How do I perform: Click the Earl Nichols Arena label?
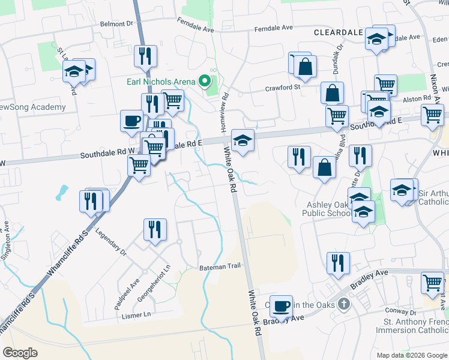pos(160,82)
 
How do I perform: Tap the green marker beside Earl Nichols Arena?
pos(205,80)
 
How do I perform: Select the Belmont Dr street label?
pos(116,24)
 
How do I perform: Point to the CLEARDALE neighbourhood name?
pos(338,32)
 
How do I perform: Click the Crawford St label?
pos(283,88)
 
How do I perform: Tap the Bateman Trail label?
pos(220,267)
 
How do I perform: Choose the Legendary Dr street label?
pos(111,242)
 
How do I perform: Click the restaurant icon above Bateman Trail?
pos(155,229)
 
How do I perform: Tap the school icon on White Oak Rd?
pos(243,141)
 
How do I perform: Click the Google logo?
pos(20,353)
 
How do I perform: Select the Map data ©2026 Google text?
pos(412,355)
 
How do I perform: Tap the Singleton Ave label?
pos(7,236)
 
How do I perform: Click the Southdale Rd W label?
pos(102,155)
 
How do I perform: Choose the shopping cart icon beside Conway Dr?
pos(432,283)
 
